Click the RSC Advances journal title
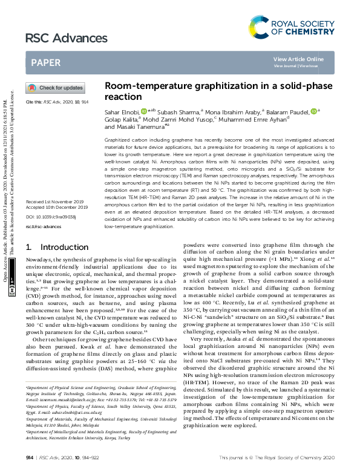point(58,39)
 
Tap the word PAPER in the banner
point(45,62)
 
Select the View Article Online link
point(298,59)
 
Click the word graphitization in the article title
point(209,87)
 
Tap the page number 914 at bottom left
point(29,457)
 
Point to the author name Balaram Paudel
point(288,111)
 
